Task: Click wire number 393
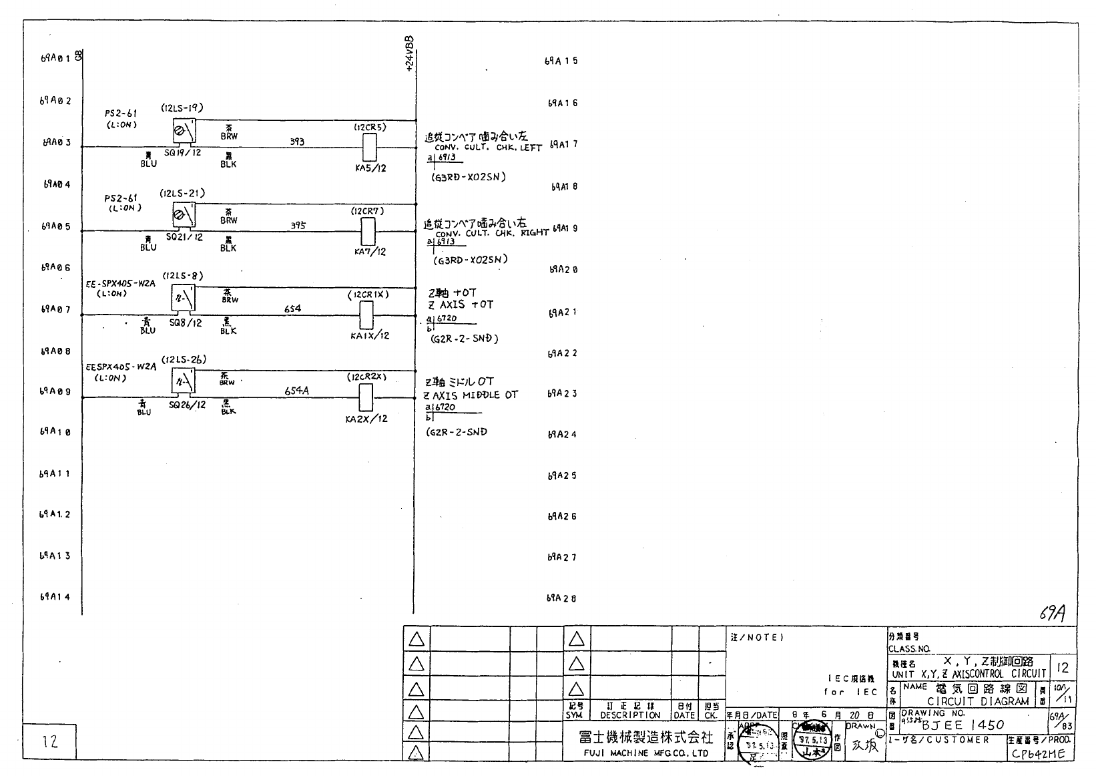click(297, 142)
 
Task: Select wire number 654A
click(296, 391)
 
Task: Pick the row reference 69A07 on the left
click(55, 309)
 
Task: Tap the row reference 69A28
click(561, 598)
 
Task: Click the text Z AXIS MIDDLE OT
click(471, 395)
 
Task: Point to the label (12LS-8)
click(183, 276)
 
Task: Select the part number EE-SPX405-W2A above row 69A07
click(120, 284)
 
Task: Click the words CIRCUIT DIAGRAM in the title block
click(978, 701)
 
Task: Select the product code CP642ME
click(1038, 753)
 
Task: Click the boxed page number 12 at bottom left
click(49, 741)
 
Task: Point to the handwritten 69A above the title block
click(1052, 613)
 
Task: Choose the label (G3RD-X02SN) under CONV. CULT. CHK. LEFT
click(469, 177)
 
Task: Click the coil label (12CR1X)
click(368, 295)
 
